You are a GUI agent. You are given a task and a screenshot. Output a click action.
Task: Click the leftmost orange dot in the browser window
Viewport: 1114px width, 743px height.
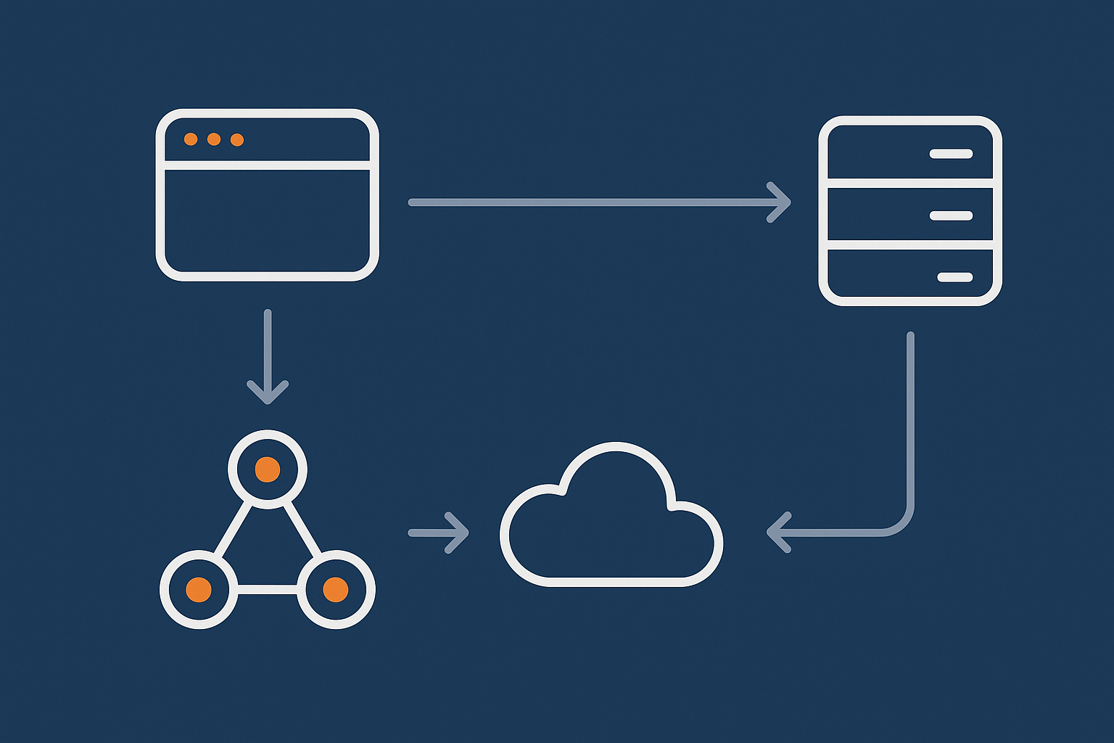pos(191,139)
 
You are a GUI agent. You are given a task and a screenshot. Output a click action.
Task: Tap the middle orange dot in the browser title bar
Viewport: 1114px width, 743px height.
pos(214,139)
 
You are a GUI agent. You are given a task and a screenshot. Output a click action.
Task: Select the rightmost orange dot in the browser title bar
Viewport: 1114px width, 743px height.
pos(237,139)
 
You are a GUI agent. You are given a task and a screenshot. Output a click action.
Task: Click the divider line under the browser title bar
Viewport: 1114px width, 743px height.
pos(268,165)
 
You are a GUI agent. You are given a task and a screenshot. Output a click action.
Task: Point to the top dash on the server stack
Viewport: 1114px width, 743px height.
pos(951,154)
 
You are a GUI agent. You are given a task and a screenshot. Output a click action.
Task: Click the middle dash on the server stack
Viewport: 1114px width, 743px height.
pos(951,215)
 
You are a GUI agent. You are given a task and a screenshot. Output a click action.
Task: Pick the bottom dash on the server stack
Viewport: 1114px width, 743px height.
pos(954,277)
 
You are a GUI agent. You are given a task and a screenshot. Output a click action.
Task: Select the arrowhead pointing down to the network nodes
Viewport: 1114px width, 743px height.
pos(268,392)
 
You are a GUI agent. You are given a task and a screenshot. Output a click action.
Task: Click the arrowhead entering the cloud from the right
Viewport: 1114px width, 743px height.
pos(777,533)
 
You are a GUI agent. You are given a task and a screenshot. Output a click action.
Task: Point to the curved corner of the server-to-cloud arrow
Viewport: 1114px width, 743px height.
pos(901,524)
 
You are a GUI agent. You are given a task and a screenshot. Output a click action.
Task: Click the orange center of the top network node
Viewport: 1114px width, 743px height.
pos(268,469)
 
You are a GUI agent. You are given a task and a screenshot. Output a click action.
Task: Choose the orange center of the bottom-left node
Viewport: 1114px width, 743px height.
pos(199,589)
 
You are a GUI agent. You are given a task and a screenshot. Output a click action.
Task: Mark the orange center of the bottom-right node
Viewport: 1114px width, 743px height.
pos(336,589)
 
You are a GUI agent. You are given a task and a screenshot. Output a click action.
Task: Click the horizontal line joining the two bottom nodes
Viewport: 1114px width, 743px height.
pos(268,589)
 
